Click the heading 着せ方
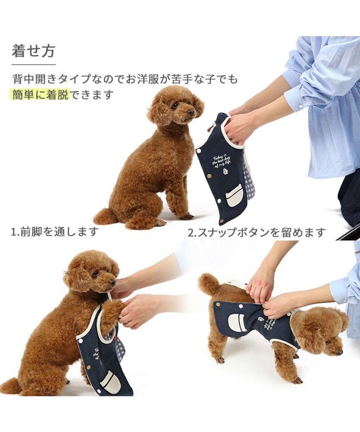(x=33, y=51)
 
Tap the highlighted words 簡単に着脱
(x=40, y=95)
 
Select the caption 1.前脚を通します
(x=54, y=231)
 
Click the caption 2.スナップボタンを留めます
(x=257, y=232)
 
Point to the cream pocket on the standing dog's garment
(x=238, y=323)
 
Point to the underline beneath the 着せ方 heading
(x=33, y=64)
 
